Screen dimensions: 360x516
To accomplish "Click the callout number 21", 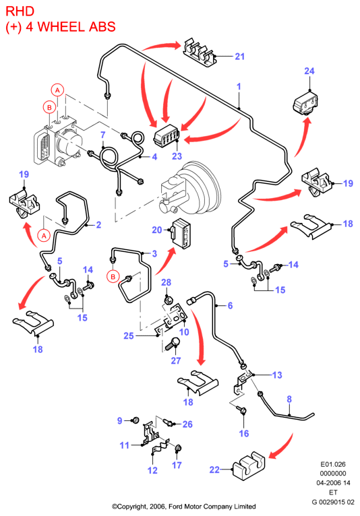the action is pyautogui.click(x=239, y=57).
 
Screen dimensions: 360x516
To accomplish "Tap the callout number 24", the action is pyautogui.click(x=309, y=71).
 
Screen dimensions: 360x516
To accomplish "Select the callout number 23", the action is pyautogui.click(x=177, y=156).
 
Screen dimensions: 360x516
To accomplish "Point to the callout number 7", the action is pyautogui.click(x=103, y=135).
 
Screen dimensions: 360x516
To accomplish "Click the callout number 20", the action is pyautogui.click(x=157, y=230).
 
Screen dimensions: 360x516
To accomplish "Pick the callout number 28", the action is pyautogui.click(x=167, y=282).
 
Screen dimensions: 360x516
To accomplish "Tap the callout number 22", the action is pyautogui.click(x=214, y=470).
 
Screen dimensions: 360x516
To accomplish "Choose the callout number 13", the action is pyautogui.click(x=277, y=375).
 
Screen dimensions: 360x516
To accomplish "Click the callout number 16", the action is pyautogui.click(x=244, y=433).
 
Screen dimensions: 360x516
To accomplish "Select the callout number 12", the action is pyautogui.click(x=152, y=470).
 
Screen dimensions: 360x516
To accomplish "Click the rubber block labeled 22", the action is pyautogui.click(x=249, y=466).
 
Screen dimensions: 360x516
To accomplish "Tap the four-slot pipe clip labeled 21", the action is pyautogui.click(x=200, y=53).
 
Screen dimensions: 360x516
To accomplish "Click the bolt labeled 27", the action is pyautogui.click(x=173, y=344).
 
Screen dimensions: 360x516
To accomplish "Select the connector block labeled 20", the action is pyautogui.click(x=181, y=232).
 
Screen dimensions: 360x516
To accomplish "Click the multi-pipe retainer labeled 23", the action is pyautogui.click(x=166, y=134).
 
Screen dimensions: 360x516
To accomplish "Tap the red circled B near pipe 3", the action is pyautogui.click(x=113, y=276).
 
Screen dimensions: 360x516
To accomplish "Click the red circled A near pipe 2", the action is pyautogui.click(x=44, y=236).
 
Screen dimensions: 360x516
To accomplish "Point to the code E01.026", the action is pyautogui.click(x=333, y=464).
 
